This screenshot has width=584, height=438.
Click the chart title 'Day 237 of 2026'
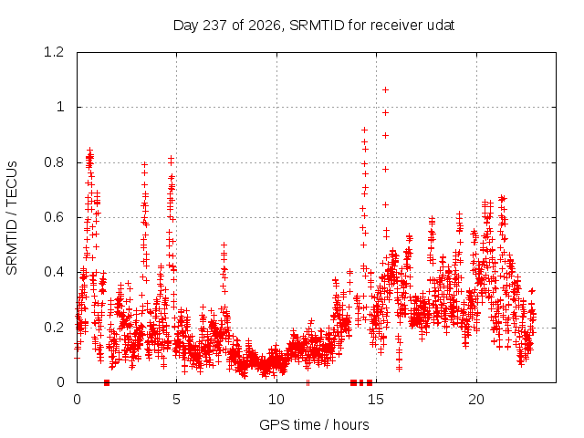click(227, 26)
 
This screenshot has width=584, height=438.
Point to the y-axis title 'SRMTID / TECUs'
click(12, 217)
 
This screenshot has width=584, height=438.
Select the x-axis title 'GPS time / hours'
click(314, 424)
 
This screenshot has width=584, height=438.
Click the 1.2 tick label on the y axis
click(54, 52)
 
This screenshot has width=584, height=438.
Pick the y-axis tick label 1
click(60, 108)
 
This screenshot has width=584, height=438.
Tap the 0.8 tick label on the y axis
click(54, 162)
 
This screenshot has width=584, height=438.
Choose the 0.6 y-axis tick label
click(54, 217)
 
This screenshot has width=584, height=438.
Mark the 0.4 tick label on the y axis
click(54, 272)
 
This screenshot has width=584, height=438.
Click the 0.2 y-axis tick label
click(54, 328)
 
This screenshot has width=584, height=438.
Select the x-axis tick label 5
click(176, 400)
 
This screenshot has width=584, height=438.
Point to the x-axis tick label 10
click(276, 400)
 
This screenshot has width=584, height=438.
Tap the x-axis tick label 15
click(376, 400)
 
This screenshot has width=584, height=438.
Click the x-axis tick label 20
click(476, 400)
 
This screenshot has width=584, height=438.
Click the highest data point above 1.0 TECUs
click(386, 89)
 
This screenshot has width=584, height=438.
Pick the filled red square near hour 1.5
click(107, 382)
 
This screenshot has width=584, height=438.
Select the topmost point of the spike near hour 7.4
click(224, 245)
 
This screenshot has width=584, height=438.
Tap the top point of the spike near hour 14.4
click(365, 130)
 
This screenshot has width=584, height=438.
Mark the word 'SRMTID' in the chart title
click(317, 26)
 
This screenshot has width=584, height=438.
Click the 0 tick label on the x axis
click(77, 400)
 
